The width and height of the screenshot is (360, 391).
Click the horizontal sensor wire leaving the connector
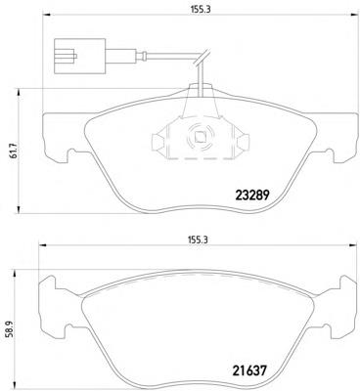click(x=147, y=50)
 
